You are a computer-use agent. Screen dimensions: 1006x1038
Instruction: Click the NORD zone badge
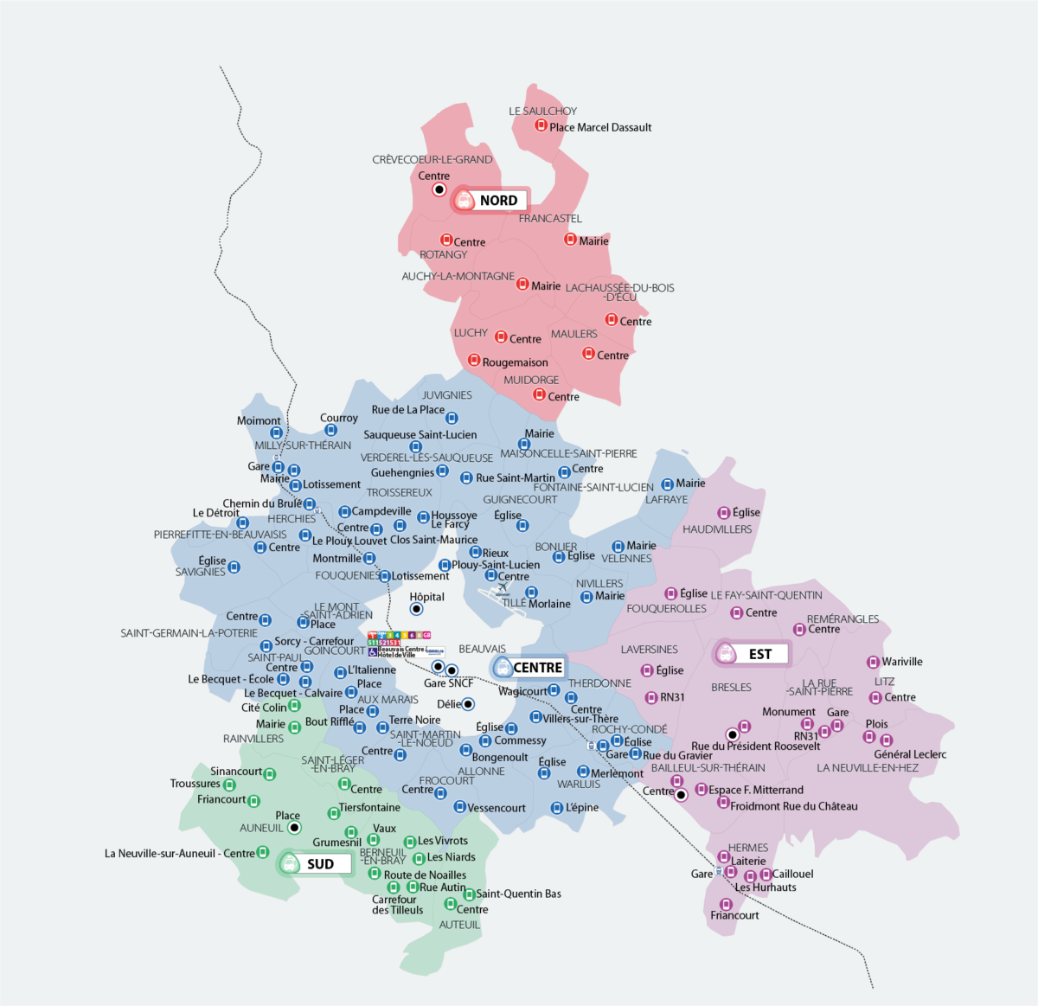point(489,201)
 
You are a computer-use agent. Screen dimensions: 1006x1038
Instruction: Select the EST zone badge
point(751,654)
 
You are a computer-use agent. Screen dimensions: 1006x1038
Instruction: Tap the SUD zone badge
point(314,863)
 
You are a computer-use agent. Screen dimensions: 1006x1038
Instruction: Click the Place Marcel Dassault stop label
point(600,127)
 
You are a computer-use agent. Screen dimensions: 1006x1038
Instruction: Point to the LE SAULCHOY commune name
point(542,111)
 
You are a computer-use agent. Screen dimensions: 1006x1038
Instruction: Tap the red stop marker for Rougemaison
point(474,360)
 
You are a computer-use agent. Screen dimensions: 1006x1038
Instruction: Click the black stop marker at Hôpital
point(416,609)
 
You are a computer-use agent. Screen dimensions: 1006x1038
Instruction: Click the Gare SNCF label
point(448,683)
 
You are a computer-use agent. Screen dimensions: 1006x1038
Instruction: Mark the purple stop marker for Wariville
point(873,662)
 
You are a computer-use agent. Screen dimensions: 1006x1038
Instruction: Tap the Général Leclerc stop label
point(910,754)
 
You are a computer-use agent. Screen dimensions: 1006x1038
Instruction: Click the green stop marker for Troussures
point(229,785)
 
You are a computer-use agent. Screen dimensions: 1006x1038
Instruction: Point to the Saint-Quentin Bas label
point(518,894)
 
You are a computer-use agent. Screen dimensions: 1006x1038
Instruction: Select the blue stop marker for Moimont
point(276,433)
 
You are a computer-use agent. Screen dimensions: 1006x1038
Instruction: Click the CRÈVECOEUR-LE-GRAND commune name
point(432,159)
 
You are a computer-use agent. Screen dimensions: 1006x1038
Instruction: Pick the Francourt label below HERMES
point(734,915)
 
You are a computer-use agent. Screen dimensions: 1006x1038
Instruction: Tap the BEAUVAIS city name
point(482,649)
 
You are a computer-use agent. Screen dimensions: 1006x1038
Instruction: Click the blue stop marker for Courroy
point(330,430)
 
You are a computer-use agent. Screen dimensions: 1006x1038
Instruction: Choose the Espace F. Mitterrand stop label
point(756,790)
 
